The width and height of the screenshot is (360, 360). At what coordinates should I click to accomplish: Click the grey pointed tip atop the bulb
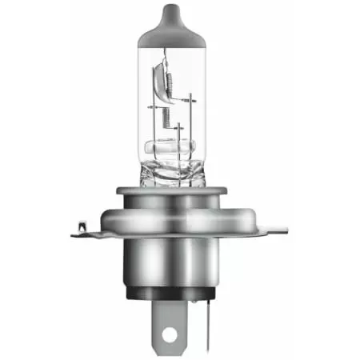pyautogui.click(x=181, y=18)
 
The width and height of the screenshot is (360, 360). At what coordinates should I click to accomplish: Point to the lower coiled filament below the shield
pyautogui.click(x=166, y=119)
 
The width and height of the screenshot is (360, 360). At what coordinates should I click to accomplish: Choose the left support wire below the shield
pyautogui.click(x=155, y=128)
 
